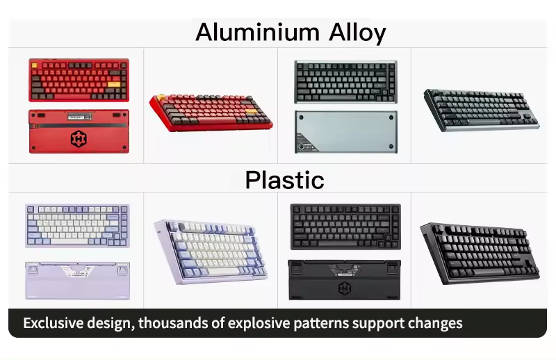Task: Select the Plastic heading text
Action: tap(284, 180)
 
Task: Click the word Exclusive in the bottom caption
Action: tap(54, 323)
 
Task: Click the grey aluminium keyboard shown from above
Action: tap(345, 82)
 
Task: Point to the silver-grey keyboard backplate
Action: tap(345, 132)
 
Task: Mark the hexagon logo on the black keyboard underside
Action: tap(345, 288)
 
